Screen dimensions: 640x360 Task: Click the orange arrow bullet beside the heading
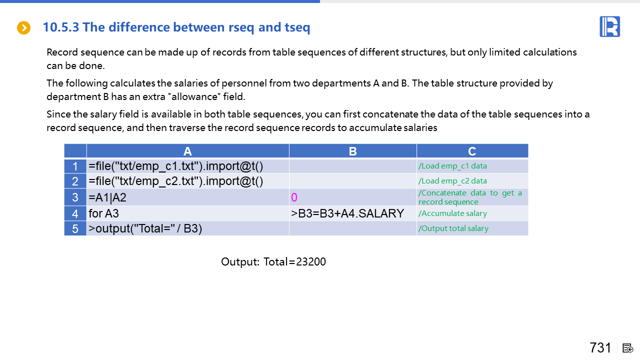coord(23,27)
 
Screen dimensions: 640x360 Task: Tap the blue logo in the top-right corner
coord(609,26)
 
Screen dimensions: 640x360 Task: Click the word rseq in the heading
coord(241,27)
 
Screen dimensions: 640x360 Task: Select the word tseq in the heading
coord(297,27)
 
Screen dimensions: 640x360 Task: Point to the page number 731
coord(600,347)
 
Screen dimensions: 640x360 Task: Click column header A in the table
coord(187,151)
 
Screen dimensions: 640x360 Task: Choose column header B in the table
coord(353,151)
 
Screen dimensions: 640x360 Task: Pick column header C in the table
coord(472,151)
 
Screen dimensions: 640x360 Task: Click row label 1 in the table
coord(75,166)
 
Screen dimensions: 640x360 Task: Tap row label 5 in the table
coord(75,228)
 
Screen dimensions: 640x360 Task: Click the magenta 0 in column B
coord(294,197)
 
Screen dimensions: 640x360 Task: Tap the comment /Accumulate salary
coord(452,213)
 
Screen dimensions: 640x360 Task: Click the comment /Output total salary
coord(453,228)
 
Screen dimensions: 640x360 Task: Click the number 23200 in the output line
coord(311,261)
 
